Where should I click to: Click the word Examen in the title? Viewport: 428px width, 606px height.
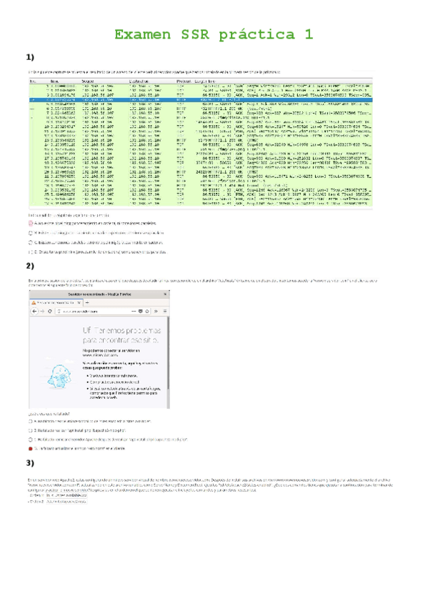143,34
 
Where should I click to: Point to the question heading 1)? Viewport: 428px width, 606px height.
30,58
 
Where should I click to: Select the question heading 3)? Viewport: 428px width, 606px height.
30,464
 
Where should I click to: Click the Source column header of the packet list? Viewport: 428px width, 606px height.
92,81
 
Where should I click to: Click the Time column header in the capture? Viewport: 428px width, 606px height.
56,81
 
